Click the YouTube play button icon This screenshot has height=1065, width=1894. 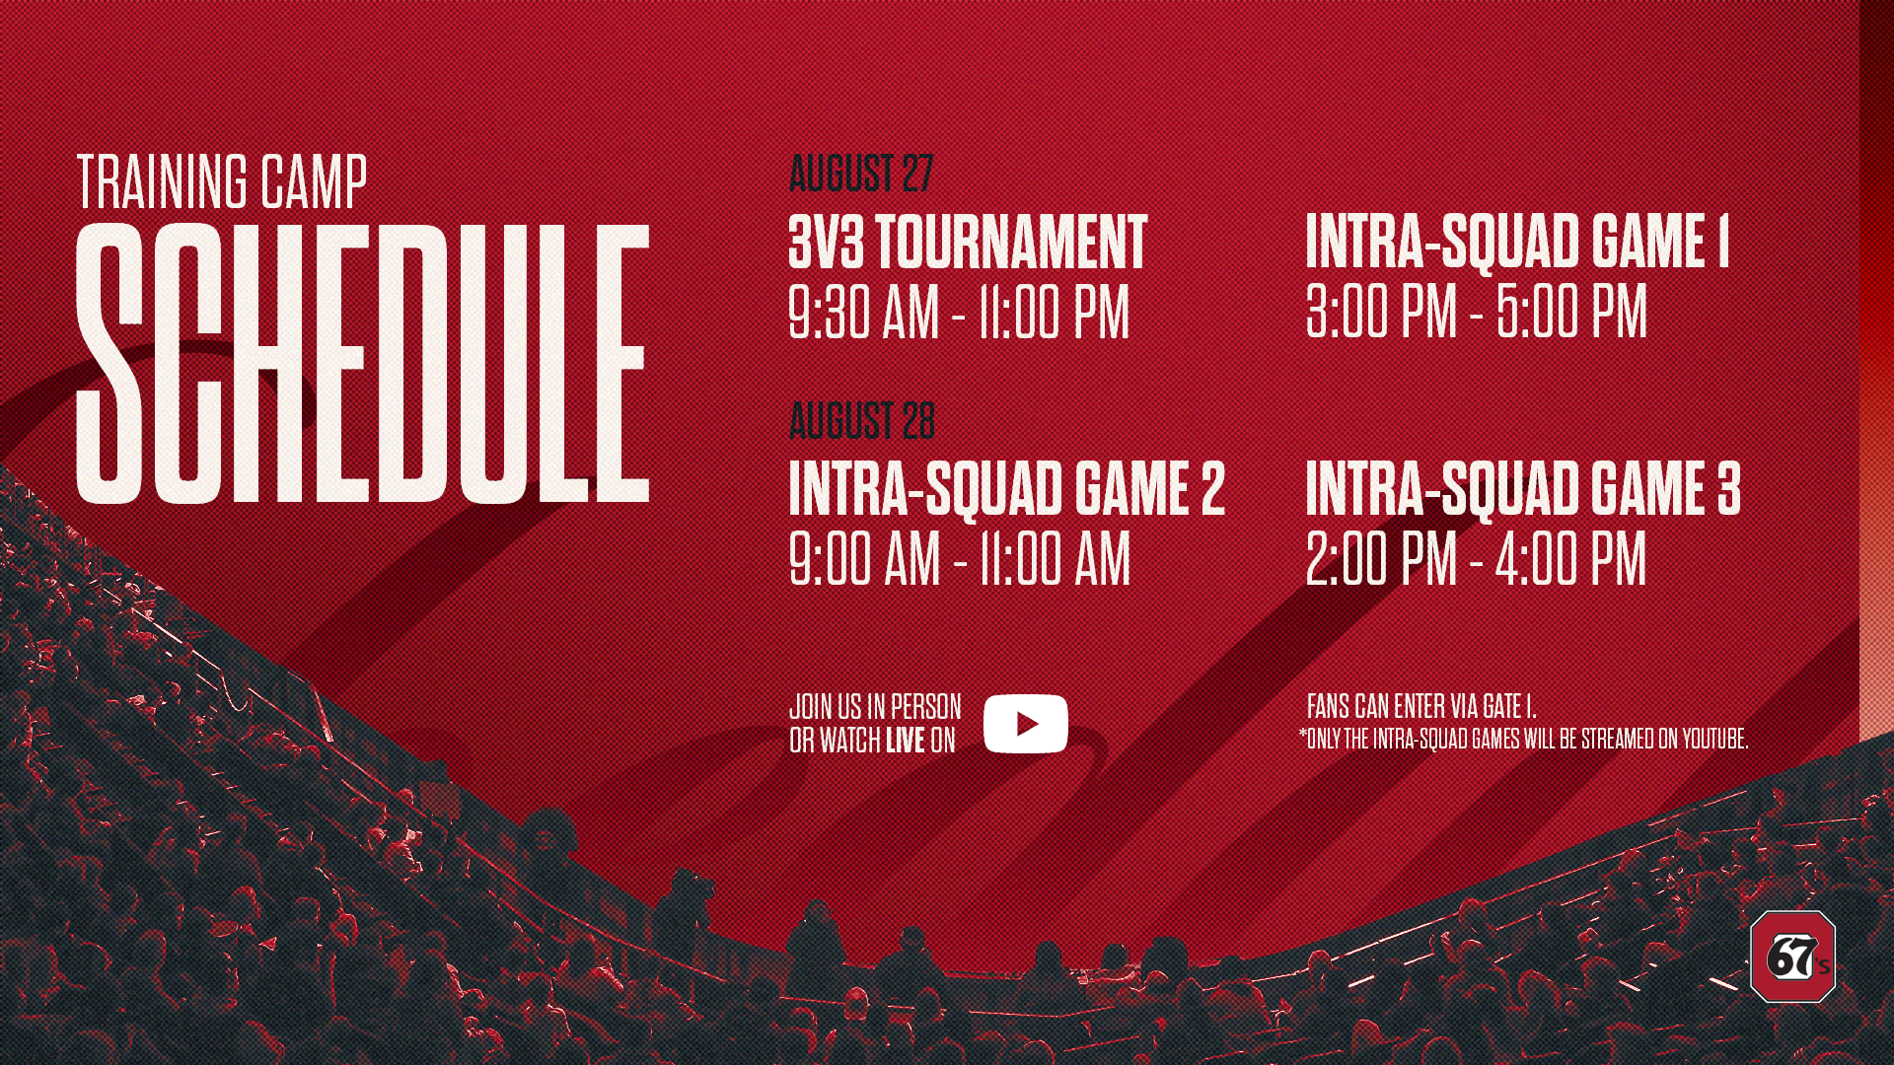[1026, 724]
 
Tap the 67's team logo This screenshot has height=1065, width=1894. [1792, 957]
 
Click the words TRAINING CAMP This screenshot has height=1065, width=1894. [222, 182]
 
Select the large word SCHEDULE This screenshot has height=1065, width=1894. [363, 363]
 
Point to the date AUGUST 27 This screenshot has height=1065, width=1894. [861, 174]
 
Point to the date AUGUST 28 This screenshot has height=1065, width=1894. [862, 421]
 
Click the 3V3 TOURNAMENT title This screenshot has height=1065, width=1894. [968, 242]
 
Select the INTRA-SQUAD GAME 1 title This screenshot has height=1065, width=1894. [1517, 242]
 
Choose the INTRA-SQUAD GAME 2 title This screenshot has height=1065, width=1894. [1007, 488]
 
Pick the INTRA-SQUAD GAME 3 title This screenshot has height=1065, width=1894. [1523, 488]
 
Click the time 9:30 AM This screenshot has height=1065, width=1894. [864, 313]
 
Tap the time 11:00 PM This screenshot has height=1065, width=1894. [1054, 313]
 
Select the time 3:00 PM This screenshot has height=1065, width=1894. [1381, 312]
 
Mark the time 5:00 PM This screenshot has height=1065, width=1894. [1571, 312]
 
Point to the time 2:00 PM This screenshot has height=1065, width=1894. [1381, 559]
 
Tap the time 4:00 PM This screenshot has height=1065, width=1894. [1570, 559]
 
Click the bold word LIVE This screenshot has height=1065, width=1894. [905, 741]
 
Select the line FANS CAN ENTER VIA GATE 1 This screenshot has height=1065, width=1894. [1421, 706]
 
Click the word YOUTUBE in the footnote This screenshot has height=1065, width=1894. [1714, 739]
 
